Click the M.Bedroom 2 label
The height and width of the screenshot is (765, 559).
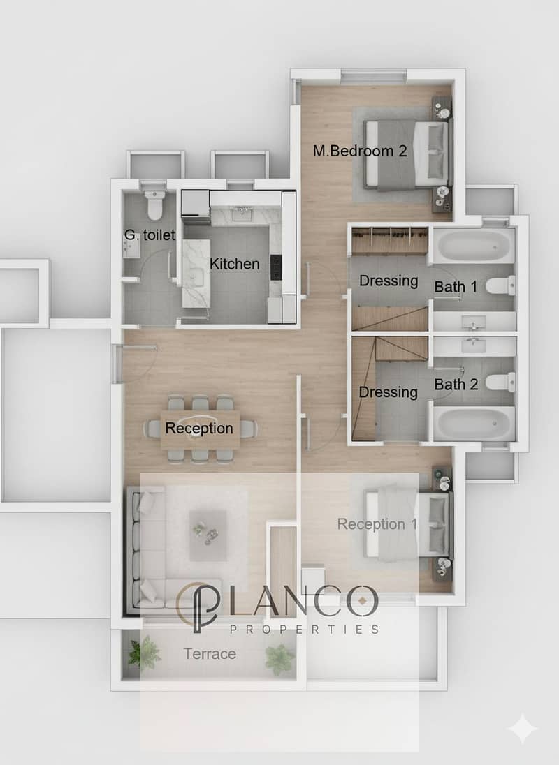(x=360, y=151)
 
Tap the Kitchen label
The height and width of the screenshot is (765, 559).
(x=234, y=264)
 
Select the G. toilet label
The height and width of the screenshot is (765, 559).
(x=150, y=235)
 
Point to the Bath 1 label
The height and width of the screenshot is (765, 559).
(x=456, y=287)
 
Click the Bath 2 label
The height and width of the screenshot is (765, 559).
(x=456, y=385)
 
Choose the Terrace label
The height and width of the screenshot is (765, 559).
(x=210, y=654)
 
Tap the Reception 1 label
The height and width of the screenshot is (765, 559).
(x=377, y=524)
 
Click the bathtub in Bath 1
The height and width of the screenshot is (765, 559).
(x=474, y=246)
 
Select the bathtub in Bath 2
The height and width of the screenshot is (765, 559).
(x=474, y=424)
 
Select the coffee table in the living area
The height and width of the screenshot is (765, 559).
(x=208, y=535)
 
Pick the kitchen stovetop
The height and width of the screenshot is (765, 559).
(x=276, y=267)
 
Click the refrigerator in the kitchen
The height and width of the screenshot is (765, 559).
(x=196, y=203)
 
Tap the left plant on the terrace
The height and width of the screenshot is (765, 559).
(x=144, y=653)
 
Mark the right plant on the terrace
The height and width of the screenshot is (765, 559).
(x=279, y=659)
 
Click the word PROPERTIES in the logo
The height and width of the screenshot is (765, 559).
(x=304, y=630)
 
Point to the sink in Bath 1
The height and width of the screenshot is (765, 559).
(x=473, y=322)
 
